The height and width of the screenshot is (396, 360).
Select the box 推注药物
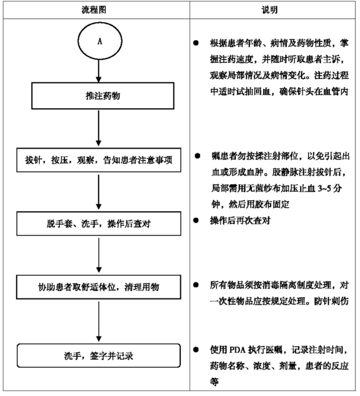103,96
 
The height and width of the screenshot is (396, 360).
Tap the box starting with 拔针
99,160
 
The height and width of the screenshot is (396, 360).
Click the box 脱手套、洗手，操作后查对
99,224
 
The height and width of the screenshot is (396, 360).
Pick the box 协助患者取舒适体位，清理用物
99,287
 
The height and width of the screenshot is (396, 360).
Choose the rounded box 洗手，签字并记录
99,356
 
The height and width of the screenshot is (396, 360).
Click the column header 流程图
94,10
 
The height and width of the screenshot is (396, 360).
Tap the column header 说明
269,10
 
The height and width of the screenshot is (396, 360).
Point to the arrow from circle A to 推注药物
99,71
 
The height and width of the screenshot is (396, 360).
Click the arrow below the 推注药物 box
99,128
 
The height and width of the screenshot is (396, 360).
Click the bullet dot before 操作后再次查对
196,221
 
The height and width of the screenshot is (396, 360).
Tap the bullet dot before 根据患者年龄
196,43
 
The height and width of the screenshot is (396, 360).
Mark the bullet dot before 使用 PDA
196,349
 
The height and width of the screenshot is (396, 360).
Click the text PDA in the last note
238,350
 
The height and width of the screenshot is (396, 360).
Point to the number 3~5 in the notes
324,188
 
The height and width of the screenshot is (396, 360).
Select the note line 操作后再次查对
240,221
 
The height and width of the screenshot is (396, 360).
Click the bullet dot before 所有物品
196,285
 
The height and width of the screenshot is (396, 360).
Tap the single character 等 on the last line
214,381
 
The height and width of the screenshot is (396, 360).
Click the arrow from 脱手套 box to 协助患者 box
99,255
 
